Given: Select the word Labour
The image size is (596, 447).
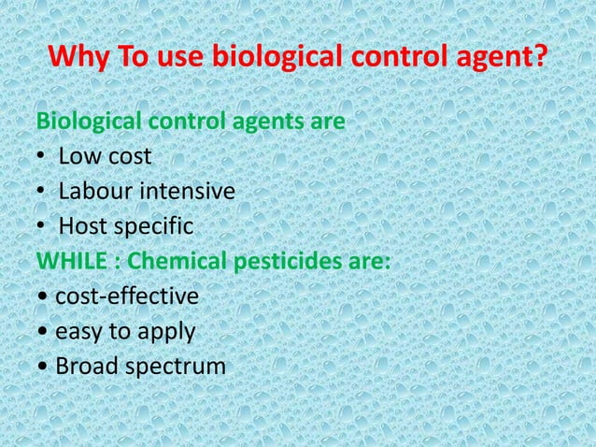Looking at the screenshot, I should (95, 192).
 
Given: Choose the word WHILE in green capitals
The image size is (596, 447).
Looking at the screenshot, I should (71, 261).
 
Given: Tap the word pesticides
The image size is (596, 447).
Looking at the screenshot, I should (283, 261).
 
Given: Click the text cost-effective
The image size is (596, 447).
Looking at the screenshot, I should (127, 296).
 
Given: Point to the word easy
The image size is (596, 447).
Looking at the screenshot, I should (78, 331).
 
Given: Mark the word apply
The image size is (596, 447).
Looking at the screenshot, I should (164, 331).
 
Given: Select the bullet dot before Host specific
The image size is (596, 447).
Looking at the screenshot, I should (40, 226).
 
